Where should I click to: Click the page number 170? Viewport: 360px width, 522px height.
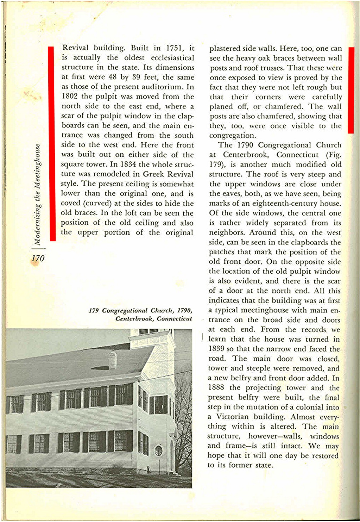(38, 258)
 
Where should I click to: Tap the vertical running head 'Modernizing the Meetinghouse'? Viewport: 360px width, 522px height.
(38, 195)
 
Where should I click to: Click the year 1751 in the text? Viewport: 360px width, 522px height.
(175, 48)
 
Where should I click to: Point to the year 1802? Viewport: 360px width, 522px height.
(70, 97)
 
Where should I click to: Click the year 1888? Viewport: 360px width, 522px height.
(216, 388)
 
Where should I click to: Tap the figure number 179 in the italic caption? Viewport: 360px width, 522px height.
(94, 311)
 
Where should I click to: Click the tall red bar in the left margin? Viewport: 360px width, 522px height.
(52, 144)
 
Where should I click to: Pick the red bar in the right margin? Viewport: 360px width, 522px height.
(350, 90)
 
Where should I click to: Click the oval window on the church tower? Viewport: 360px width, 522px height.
(158, 450)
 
